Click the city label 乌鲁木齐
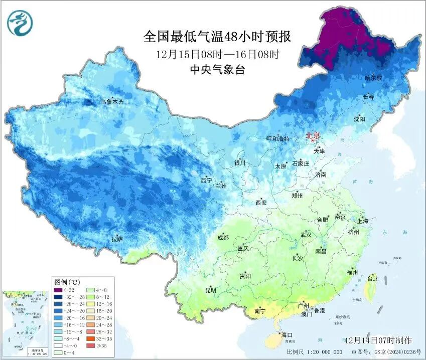click(x=111, y=102)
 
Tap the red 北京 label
click(x=314, y=135)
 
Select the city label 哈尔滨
click(x=373, y=78)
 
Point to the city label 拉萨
click(x=117, y=239)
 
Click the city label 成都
click(x=223, y=238)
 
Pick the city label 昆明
click(x=210, y=290)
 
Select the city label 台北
click(x=373, y=279)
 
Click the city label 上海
click(x=363, y=221)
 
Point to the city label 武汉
click(x=306, y=235)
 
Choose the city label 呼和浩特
click(x=277, y=138)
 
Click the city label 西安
click(x=261, y=203)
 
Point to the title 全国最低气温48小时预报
click(x=217, y=37)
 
